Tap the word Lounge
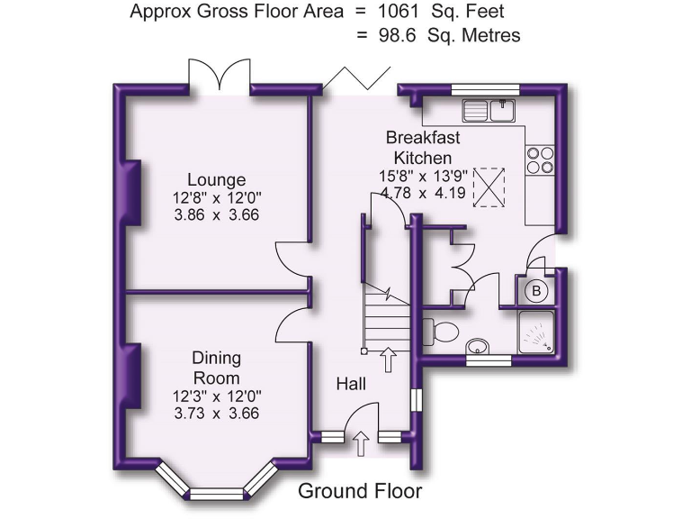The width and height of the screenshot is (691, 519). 216,178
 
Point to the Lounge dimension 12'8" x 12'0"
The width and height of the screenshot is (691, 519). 216,197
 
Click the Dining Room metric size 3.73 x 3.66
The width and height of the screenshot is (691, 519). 216,414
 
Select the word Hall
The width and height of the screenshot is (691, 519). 351,384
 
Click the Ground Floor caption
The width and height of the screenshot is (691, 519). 360,491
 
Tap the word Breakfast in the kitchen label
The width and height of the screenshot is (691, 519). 423,138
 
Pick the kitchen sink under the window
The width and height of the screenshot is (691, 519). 488,111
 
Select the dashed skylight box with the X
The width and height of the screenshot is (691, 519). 489,185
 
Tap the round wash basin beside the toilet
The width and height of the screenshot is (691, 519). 478,347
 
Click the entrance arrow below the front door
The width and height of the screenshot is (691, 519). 362,441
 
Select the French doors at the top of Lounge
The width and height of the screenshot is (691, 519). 219,76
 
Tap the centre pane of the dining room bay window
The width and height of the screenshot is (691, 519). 216,493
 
